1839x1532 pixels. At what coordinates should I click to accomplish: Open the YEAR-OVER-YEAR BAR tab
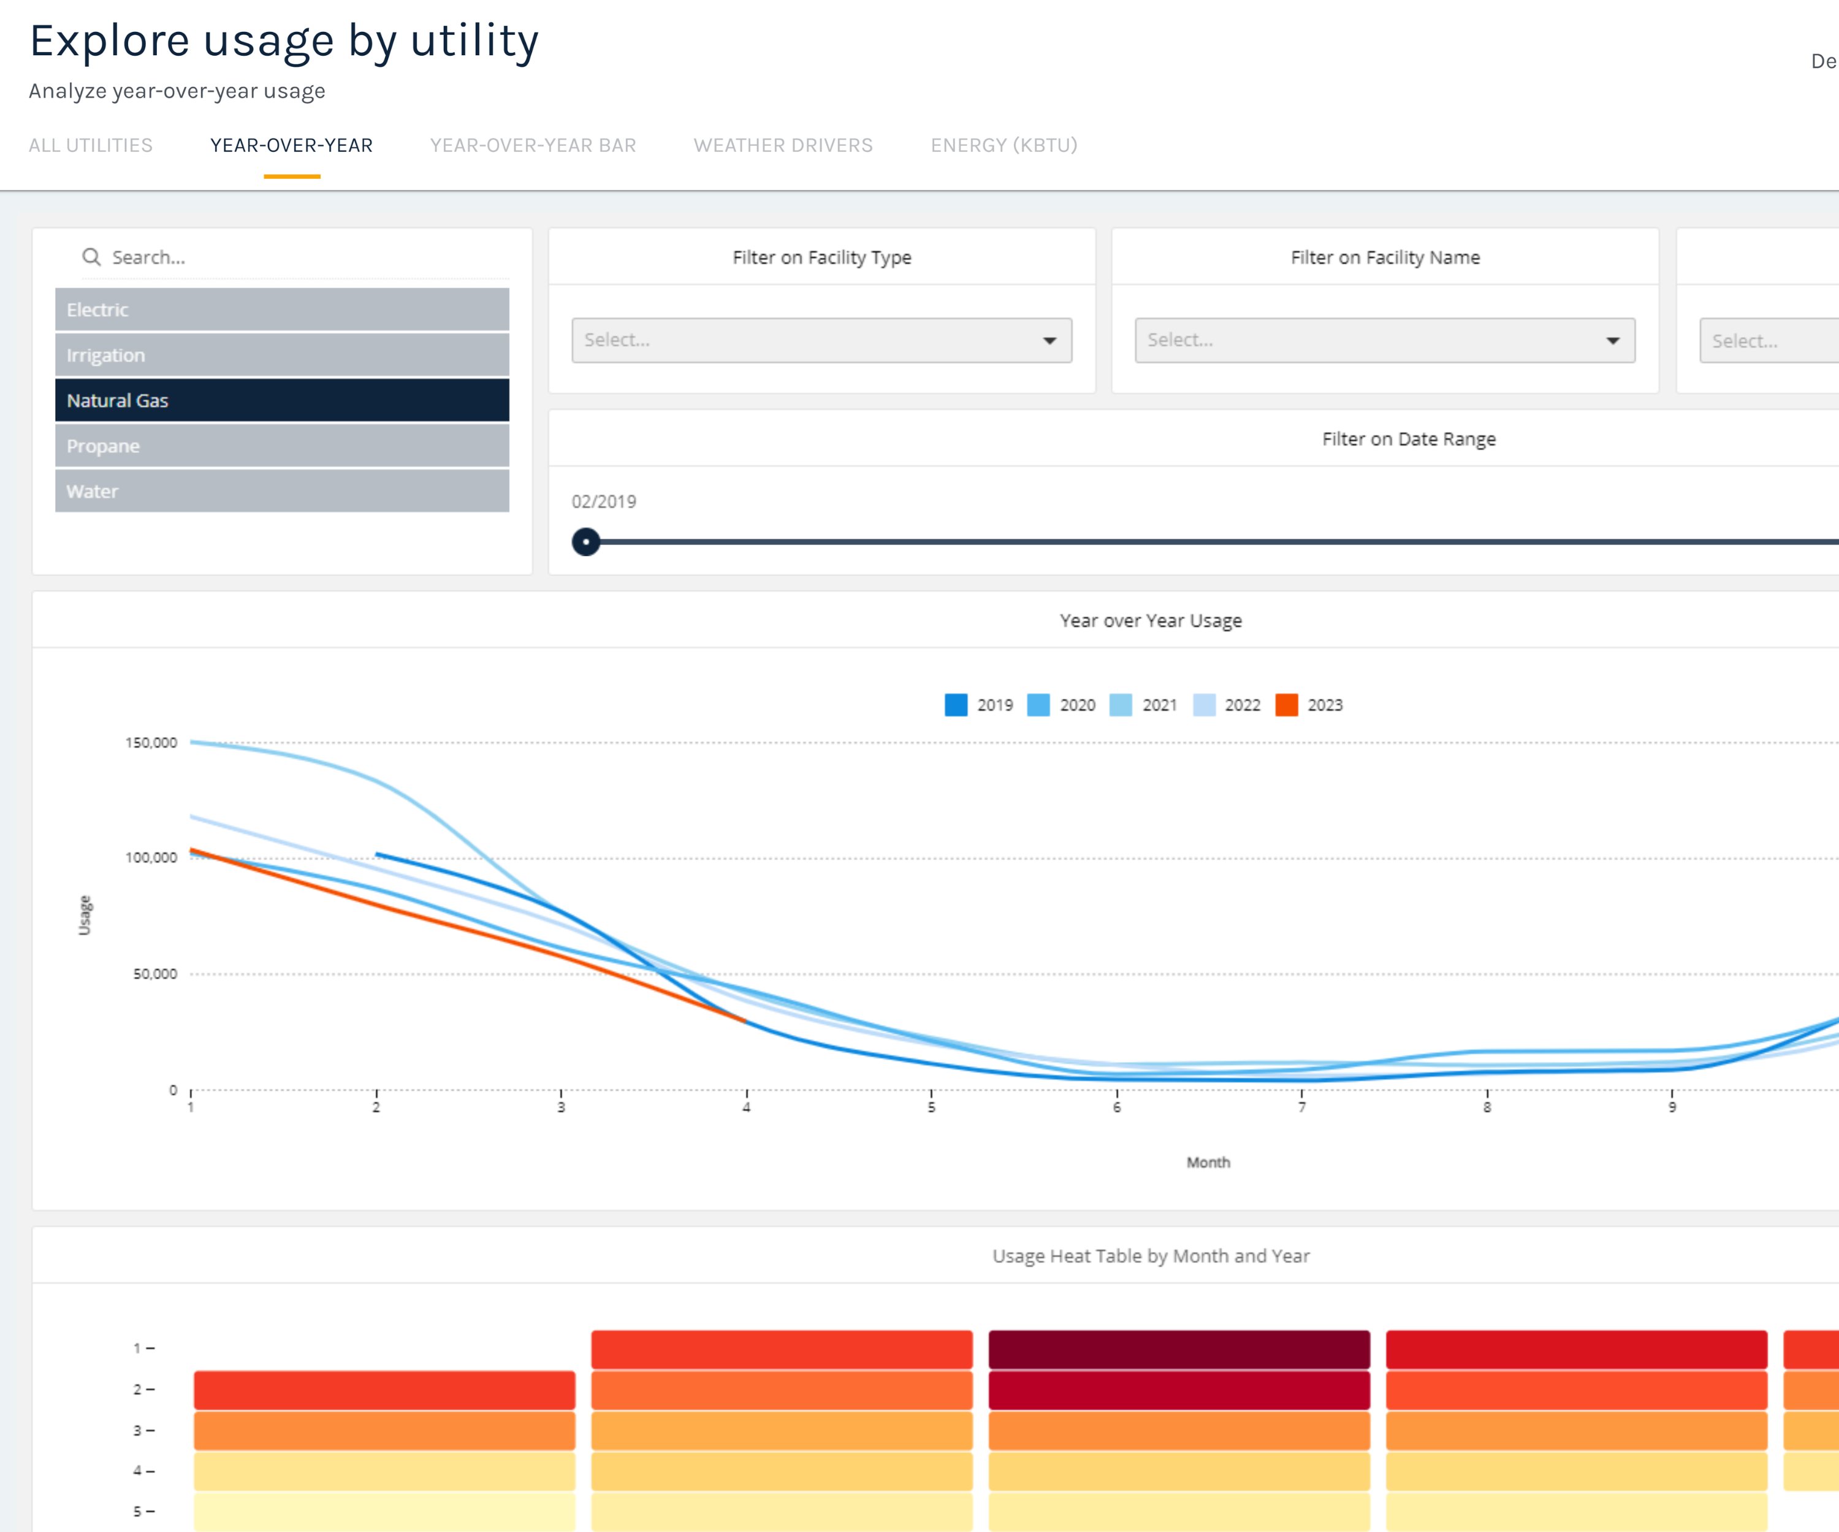[533, 145]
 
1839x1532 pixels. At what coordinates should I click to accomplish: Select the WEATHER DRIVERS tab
[783, 145]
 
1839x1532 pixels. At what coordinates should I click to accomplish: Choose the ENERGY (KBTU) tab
[1003, 145]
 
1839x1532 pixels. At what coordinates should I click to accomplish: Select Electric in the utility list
[282, 310]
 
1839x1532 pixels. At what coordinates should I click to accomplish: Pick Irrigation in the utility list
[282, 355]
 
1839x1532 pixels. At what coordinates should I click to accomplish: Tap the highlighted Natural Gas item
[282, 401]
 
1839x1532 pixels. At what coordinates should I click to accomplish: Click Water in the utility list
[282, 491]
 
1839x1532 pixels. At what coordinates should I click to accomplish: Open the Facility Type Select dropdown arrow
[1049, 341]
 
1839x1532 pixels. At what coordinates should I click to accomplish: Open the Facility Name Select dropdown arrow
[1612, 341]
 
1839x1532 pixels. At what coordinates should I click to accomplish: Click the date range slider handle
[586, 542]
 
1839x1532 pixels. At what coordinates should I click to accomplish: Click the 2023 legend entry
[1310, 705]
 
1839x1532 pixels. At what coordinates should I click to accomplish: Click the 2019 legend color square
[956, 705]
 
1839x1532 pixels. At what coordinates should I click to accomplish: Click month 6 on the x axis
[1116, 1107]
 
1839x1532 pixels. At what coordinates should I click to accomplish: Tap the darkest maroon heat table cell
[1179, 1349]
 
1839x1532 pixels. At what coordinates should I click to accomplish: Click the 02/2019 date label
[603, 502]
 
